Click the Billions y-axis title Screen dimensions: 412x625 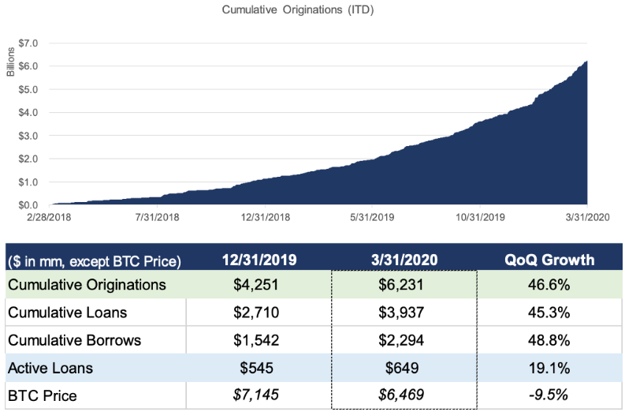point(11,60)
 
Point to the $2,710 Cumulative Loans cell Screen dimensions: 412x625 point(259,313)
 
